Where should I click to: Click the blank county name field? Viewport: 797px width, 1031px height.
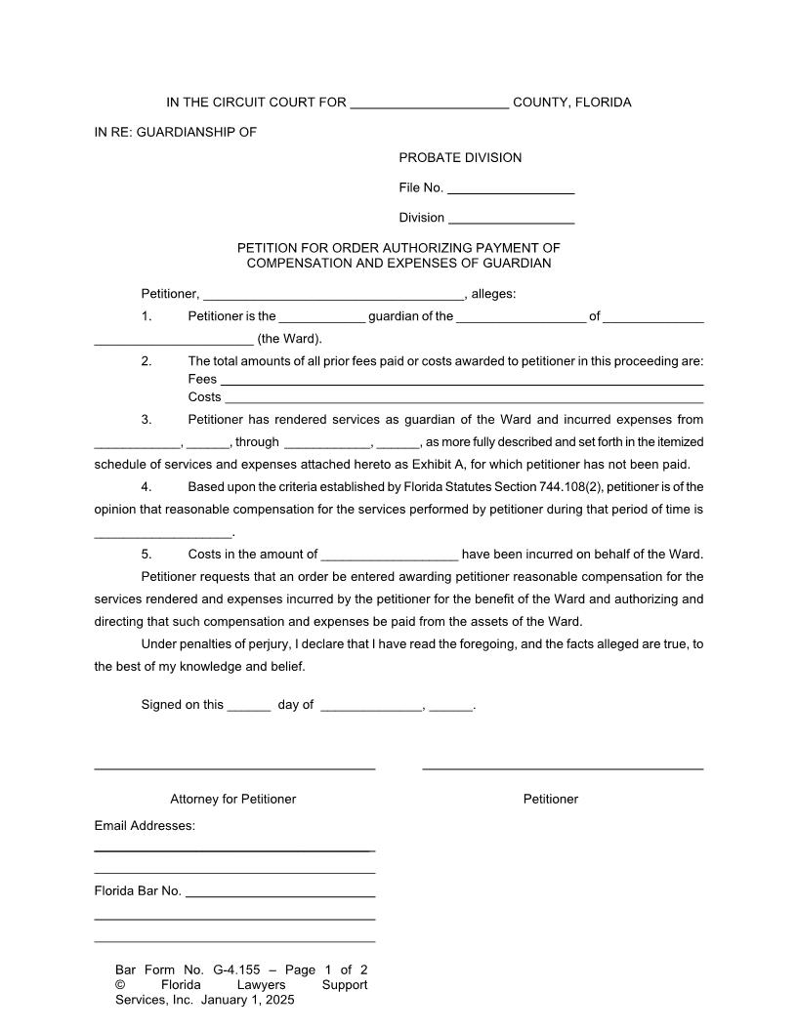click(429, 103)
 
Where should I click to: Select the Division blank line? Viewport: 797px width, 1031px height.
click(511, 218)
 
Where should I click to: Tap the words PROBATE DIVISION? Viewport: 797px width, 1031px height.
click(460, 158)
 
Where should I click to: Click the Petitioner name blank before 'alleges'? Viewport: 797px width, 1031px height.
click(333, 295)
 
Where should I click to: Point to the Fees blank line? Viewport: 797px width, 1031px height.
click(462, 380)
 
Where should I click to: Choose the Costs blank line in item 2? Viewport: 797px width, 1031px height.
click(465, 398)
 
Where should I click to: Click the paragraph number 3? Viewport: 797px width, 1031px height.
click(147, 420)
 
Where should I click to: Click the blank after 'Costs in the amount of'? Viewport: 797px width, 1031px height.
click(389, 556)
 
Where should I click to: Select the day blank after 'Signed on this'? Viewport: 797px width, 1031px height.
click(248, 706)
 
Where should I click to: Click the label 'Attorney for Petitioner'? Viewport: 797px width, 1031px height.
click(232, 800)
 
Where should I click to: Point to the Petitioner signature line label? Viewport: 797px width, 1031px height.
click(550, 800)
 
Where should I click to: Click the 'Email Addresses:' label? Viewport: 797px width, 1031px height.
click(145, 826)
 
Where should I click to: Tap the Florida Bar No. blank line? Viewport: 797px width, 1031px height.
click(280, 891)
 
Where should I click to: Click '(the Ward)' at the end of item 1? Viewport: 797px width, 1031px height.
click(289, 340)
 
